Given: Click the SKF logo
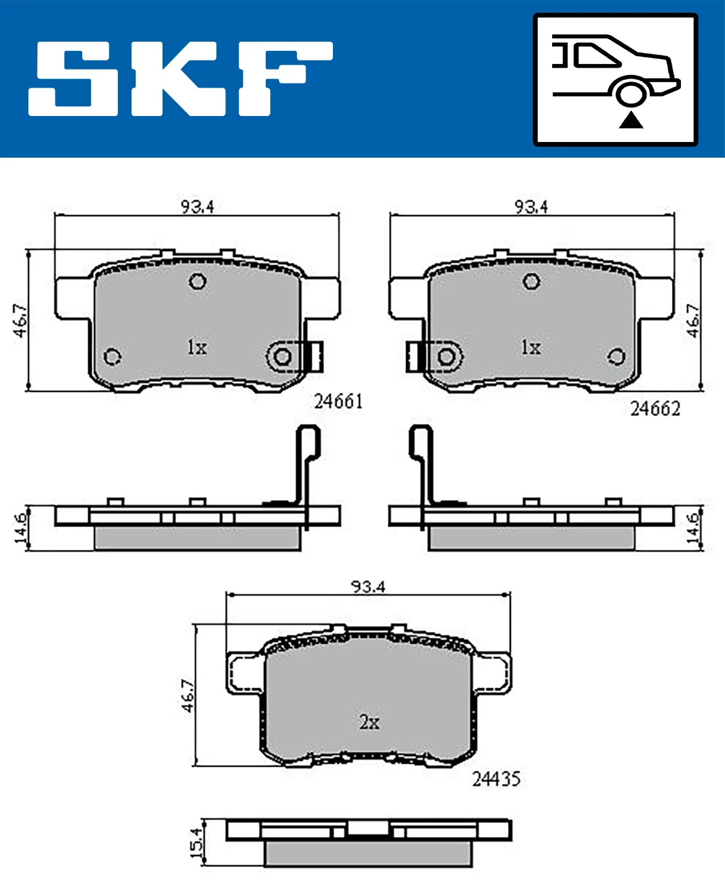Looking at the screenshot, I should (180, 78).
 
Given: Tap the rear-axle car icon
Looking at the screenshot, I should (616, 79).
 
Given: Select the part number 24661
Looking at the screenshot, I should (338, 401).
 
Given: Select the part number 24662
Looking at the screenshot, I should (655, 409).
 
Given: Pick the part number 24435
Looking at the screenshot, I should (496, 779).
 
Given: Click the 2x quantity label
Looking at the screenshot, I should (369, 721).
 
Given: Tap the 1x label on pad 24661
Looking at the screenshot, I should (197, 347).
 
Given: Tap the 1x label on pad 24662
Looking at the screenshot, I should (531, 347).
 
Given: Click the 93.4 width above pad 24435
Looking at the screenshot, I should (368, 586).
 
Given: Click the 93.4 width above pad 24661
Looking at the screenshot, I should (198, 207).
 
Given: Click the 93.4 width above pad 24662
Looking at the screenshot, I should (531, 207).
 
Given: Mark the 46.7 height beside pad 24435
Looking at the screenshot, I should (188, 695).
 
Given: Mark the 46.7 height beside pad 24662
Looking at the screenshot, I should (693, 321).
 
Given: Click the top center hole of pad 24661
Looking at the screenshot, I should (198, 281).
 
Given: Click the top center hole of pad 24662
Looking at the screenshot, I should (532, 281).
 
